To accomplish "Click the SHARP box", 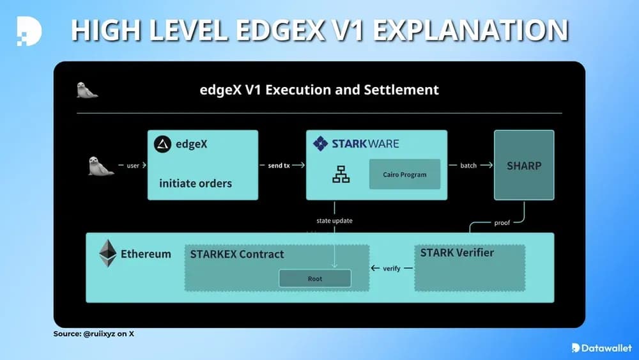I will pyautogui.click(x=524, y=166).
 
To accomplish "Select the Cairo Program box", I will pyautogui.click(x=404, y=174).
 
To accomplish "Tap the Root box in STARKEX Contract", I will pyautogui.click(x=314, y=279).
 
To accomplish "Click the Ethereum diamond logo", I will pyautogui.click(x=107, y=253).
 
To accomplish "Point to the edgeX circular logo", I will pyautogui.click(x=163, y=145).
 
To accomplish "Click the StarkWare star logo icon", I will pyautogui.click(x=320, y=143).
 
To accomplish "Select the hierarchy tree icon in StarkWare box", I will pyautogui.click(x=341, y=174).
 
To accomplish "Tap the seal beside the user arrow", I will pyautogui.click(x=100, y=166).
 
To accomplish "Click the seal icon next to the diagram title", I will pyautogui.click(x=87, y=90).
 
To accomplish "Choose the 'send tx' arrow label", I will pyautogui.click(x=278, y=166).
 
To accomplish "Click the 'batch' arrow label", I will pyautogui.click(x=468, y=166).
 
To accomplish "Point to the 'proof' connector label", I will pyautogui.click(x=503, y=223).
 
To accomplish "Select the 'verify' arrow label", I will pyautogui.click(x=392, y=268).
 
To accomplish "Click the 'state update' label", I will pyautogui.click(x=334, y=221).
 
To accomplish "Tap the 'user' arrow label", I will pyautogui.click(x=133, y=166).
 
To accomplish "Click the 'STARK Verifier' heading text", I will pyautogui.click(x=457, y=253).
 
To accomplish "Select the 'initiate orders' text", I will pyautogui.click(x=196, y=184).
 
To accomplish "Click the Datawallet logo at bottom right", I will pyautogui.click(x=601, y=348).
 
